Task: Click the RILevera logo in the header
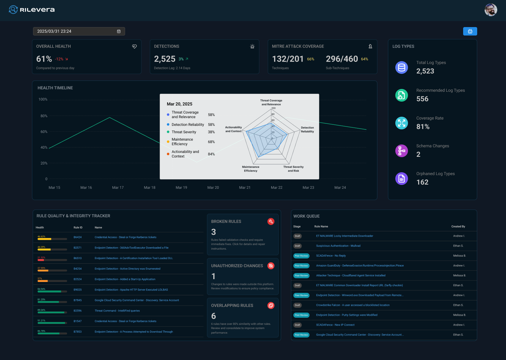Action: tap(32, 9)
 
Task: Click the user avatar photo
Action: tap(491, 10)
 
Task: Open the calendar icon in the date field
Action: tap(119, 31)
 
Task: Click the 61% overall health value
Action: tap(44, 59)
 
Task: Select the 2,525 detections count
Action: tap(164, 59)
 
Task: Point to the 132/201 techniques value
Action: tap(287, 59)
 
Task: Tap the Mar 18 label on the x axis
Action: tap(149, 188)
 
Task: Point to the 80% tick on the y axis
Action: tap(44, 116)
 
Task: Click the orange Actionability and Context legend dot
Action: tap(168, 154)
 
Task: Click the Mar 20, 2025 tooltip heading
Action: tap(179, 104)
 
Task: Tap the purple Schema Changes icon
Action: tap(401, 151)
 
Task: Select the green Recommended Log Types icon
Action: tap(401, 95)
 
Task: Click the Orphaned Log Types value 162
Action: tap(422, 182)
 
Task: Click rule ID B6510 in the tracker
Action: tap(77, 258)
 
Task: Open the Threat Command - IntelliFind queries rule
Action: tap(117, 311)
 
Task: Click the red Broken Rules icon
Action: tap(271, 221)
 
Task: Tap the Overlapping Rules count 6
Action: tap(214, 316)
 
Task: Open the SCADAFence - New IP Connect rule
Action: tap(335, 325)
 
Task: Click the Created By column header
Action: tap(458, 227)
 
